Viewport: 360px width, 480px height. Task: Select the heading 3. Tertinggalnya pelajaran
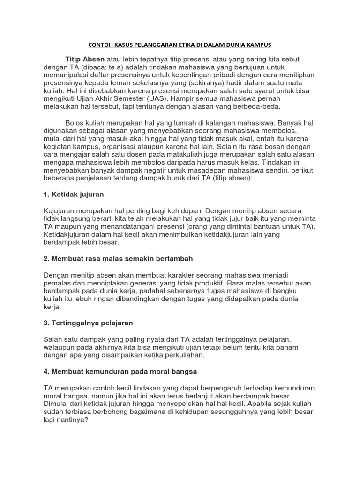[x=89, y=323]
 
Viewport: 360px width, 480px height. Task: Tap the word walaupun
[x=60, y=347]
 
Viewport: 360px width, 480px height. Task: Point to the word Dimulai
[x=57, y=404]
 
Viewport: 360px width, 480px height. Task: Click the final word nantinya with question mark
[x=75, y=420]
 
